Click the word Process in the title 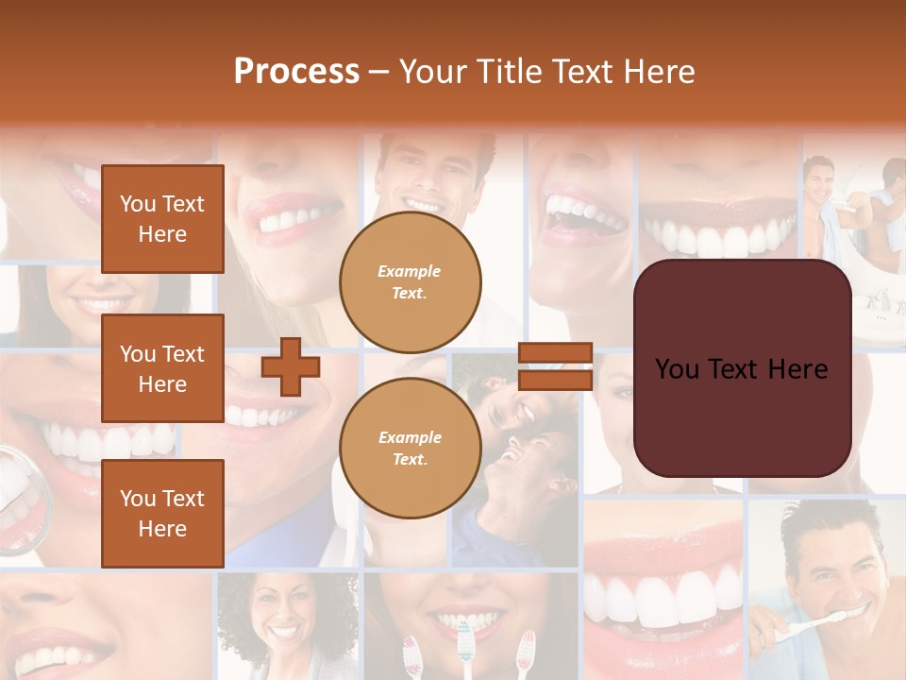pyautogui.click(x=296, y=72)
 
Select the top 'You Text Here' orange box pyautogui.click(x=162, y=219)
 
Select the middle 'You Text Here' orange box pyautogui.click(x=162, y=368)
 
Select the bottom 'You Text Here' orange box pyautogui.click(x=162, y=514)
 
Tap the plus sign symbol pyautogui.click(x=291, y=366)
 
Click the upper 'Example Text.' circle pyautogui.click(x=410, y=282)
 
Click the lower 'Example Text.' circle pyautogui.click(x=410, y=449)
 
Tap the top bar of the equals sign pyautogui.click(x=556, y=353)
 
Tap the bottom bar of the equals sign pyautogui.click(x=556, y=380)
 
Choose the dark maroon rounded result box pyautogui.click(x=742, y=368)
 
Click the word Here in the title pyautogui.click(x=658, y=72)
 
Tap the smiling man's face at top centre pyautogui.click(x=429, y=175)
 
